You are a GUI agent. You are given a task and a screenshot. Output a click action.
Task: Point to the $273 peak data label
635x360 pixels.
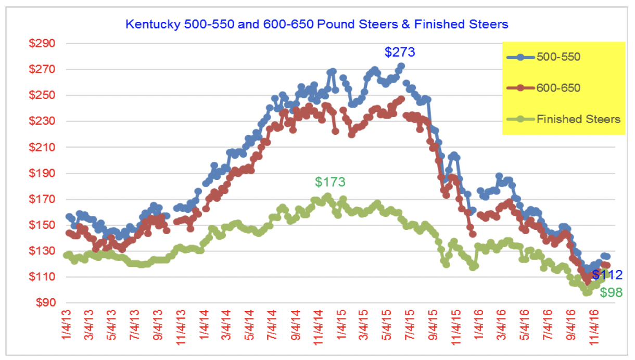400,52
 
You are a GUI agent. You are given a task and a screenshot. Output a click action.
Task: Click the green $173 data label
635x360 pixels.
330,182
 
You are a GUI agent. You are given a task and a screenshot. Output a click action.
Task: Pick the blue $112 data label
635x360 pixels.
607,275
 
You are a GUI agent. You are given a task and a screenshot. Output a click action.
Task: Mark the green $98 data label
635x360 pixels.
611,292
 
